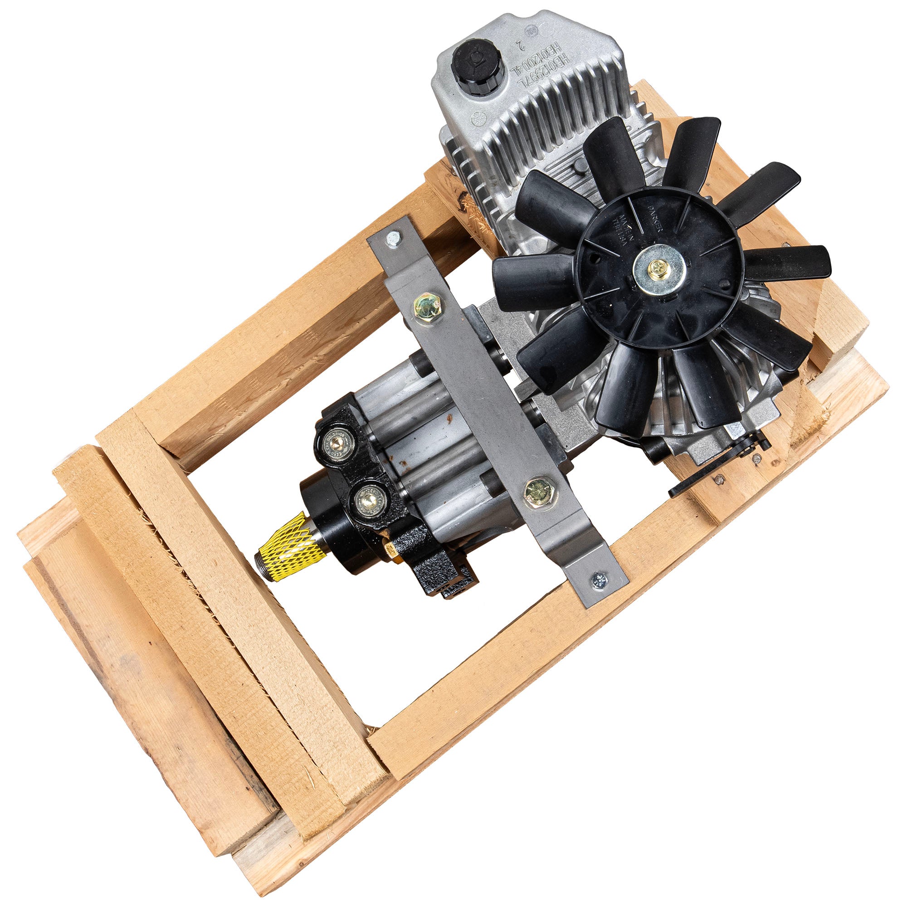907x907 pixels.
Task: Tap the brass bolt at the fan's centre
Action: click(657, 268)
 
